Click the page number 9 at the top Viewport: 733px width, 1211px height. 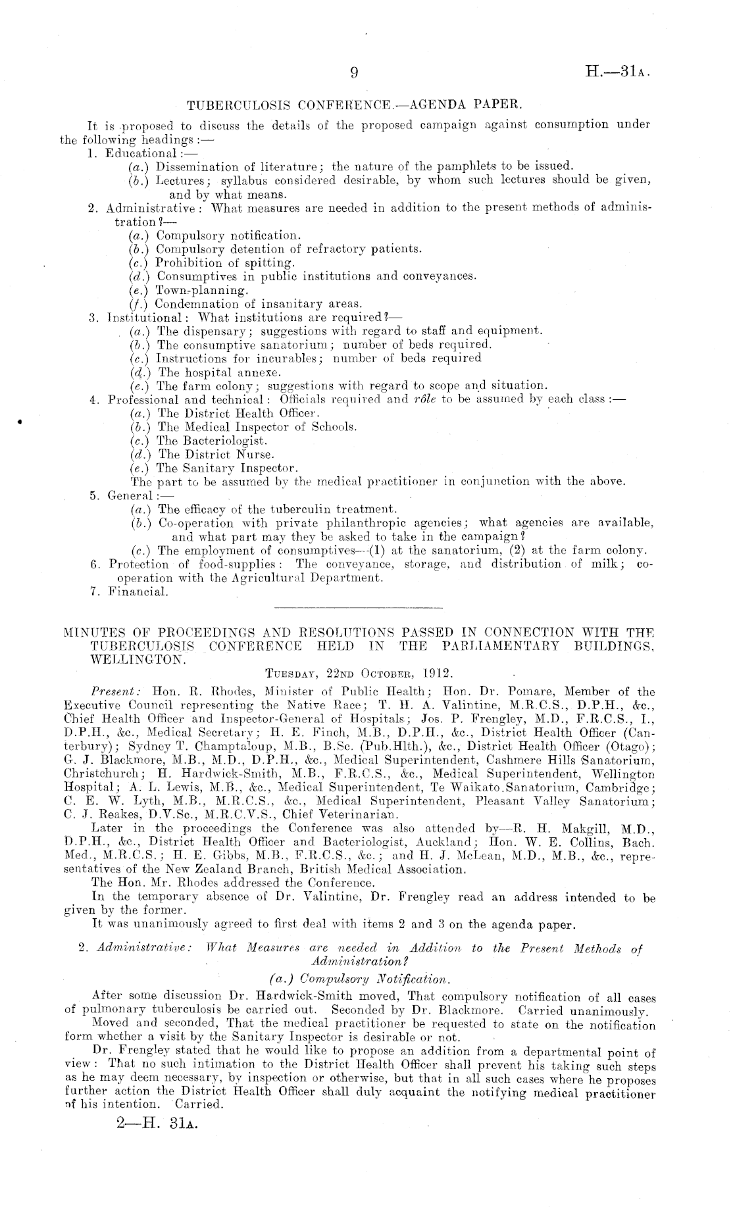[354, 74]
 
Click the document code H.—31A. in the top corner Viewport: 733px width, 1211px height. [619, 73]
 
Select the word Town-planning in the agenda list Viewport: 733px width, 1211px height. [193, 290]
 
